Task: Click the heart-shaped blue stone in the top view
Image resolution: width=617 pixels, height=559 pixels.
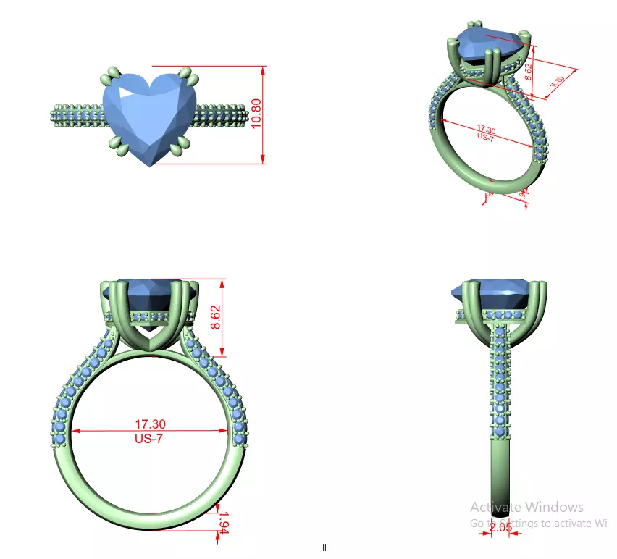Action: pos(149,116)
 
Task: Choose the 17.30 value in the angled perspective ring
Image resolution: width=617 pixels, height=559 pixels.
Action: pos(487,127)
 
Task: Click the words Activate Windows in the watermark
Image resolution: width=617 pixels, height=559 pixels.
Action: pos(526,507)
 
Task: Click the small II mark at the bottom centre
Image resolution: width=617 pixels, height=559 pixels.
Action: pos(324,547)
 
